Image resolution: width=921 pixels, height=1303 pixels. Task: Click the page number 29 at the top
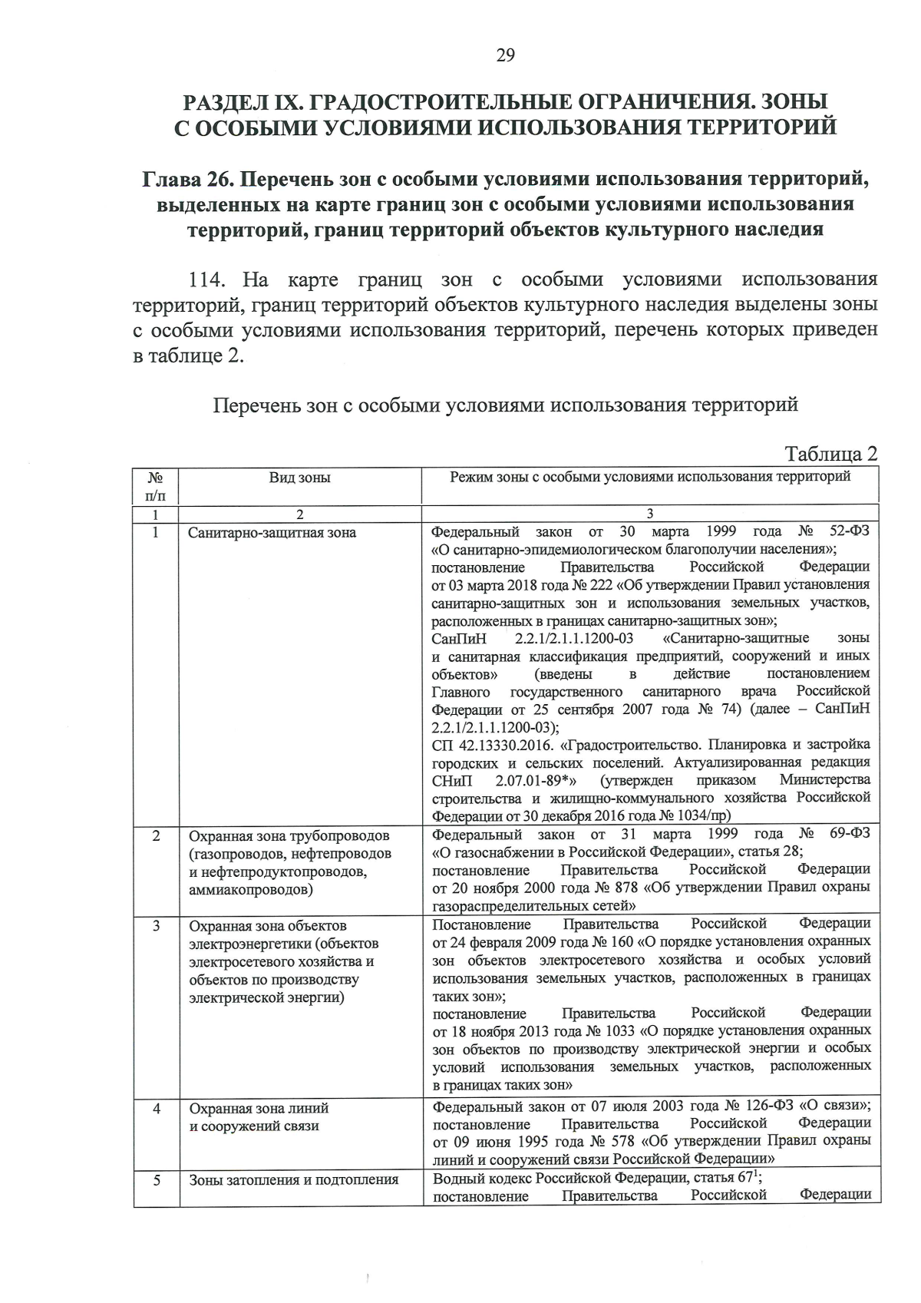click(x=505, y=55)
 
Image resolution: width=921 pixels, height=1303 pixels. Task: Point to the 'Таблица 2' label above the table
click(x=830, y=454)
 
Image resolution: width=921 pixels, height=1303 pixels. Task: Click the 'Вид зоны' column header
click(x=299, y=478)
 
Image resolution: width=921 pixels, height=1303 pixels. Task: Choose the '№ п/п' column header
click(x=155, y=485)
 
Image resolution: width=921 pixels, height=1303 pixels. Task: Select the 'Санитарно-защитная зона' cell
click(x=272, y=532)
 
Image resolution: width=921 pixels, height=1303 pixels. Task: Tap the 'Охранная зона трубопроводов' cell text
click(x=289, y=835)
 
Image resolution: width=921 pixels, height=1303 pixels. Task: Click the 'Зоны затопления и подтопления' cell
click(x=293, y=1179)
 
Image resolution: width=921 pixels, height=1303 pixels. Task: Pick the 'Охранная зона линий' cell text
click(x=259, y=1109)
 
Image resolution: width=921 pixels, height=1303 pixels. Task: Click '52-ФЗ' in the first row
click(x=850, y=531)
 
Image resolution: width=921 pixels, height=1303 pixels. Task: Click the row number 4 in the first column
click(x=156, y=1109)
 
